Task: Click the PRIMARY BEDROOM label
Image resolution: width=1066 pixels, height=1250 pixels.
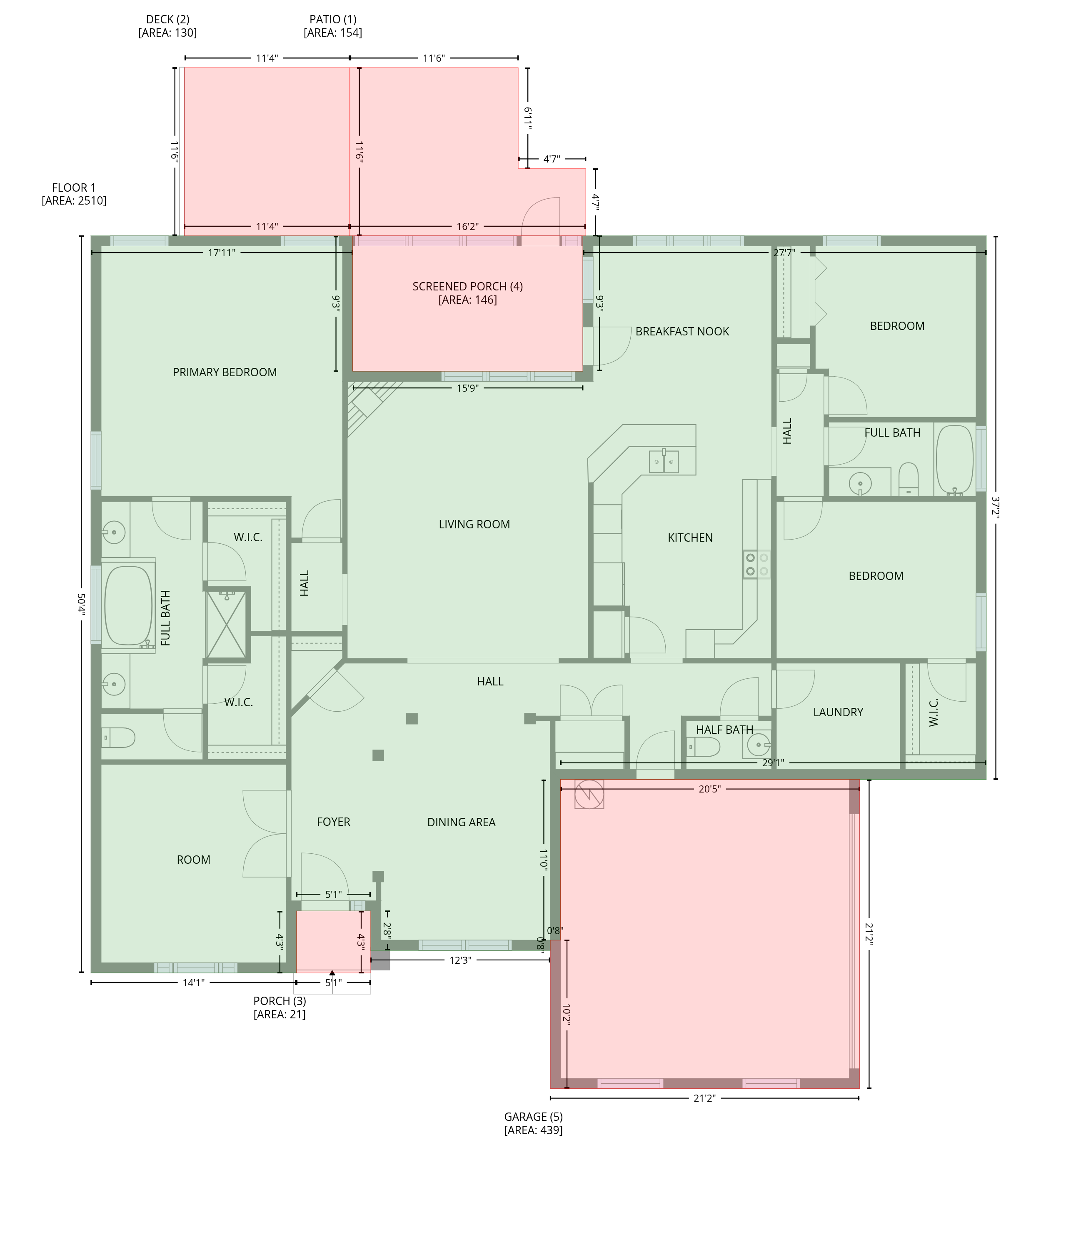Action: pyautogui.click(x=225, y=372)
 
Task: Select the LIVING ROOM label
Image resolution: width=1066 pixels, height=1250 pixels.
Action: pyautogui.click(x=474, y=524)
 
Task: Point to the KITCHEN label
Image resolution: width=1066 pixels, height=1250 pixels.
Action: pyautogui.click(x=690, y=537)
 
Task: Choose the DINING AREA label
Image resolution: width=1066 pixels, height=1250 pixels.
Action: pyautogui.click(x=462, y=822)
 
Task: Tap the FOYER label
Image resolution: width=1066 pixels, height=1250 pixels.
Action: pyautogui.click(x=334, y=822)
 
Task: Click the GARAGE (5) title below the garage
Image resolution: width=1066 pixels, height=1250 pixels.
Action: pyautogui.click(x=533, y=1117)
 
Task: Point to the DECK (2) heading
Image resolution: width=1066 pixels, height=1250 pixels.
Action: pyautogui.click(x=168, y=19)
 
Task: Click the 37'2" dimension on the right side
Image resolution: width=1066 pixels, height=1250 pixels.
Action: pyautogui.click(x=996, y=508)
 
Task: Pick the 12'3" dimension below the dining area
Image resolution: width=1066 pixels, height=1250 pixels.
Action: pyautogui.click(x=460, y=960)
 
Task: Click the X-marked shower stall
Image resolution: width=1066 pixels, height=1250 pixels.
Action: pyautogui.click(x=226, y=625)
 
